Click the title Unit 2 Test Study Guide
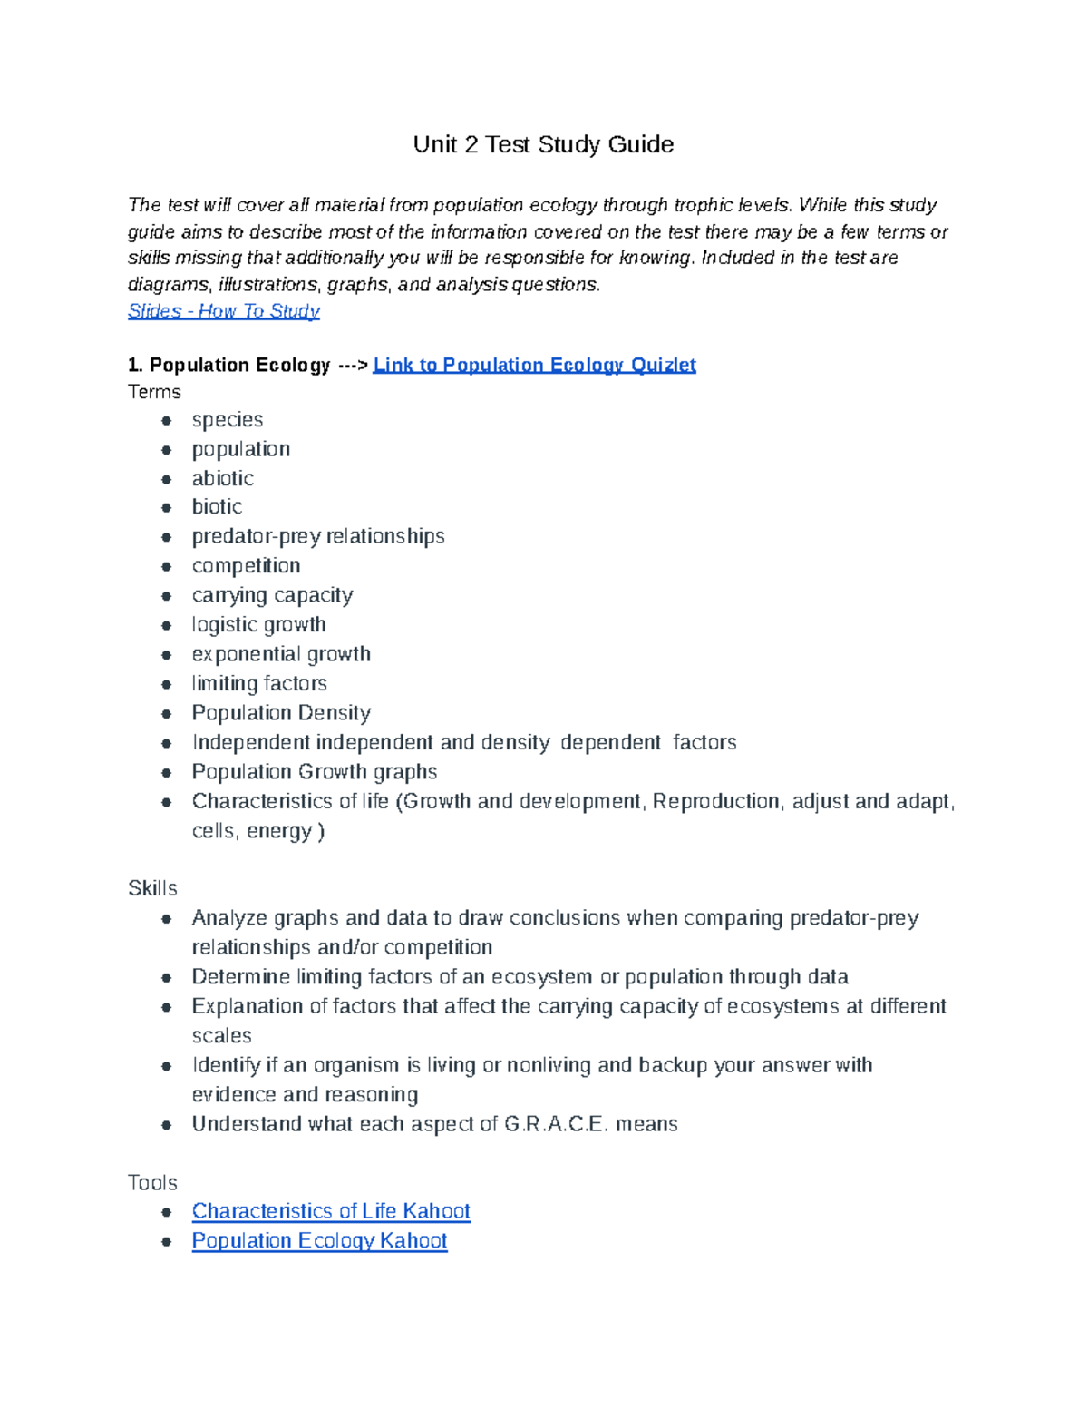pos(543,145)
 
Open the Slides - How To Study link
pos(223,311)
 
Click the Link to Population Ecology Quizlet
pos(534,365)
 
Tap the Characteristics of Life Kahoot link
pos(331,1211)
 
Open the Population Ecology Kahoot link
pos(319,1240)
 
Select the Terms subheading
pos(154,392)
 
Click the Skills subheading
pos(152,888)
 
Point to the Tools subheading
pos(152,1182)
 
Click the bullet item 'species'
pos(228,420)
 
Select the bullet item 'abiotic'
pos(222,478)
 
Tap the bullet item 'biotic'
pos(217,506)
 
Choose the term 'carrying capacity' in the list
pos(272,595)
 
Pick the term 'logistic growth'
pos(258,624)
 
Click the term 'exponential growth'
pos(281,654)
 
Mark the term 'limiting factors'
pos(259,683)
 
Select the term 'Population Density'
pos(281,713)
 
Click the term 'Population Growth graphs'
pos(315,772)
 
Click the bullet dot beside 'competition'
pos(166,566)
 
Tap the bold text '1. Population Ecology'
pos(229,365)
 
